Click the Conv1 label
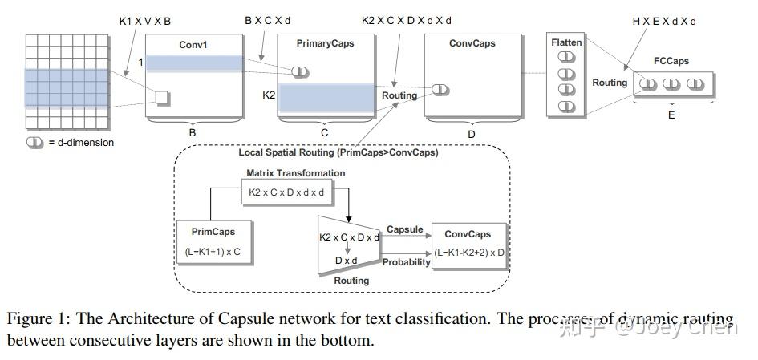pos(193,45)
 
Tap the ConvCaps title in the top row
pos(472,43)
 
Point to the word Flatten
pos(566,42)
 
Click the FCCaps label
pos(671,61)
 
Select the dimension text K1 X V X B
pos(145,21)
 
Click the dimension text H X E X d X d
pos(665,21)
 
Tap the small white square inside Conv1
pos(162,98)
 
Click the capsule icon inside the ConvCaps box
pos(440,89)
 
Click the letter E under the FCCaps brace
pos(671,115)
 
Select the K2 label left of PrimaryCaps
pos(270,95)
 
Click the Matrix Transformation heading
pos(296,172)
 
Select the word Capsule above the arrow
pos(405,229)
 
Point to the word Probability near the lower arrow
pos(406,262)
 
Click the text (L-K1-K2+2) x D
pos(470,252)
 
